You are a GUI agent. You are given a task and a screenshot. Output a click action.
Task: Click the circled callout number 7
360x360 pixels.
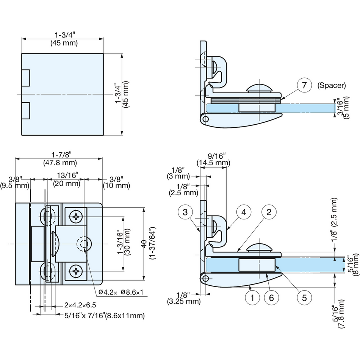click(304, 85)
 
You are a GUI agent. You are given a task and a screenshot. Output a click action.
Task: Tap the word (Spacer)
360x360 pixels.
click(332, 85)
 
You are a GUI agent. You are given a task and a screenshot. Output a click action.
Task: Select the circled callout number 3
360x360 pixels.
click(185, 212)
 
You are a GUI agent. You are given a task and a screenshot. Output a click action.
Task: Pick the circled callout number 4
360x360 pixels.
click(244, 212)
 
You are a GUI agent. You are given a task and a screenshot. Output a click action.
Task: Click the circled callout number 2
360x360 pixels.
click(269, 212)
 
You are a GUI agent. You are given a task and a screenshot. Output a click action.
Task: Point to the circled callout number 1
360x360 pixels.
click(252, 298)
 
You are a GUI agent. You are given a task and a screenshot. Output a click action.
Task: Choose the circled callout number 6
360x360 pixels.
click(271, 298)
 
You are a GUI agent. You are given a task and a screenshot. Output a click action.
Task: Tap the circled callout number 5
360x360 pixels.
click(304, 298)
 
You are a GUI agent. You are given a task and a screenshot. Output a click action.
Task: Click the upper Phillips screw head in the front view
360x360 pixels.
click(76, 216)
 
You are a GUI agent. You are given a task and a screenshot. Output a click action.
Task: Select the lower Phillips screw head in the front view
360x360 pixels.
click(76, 271)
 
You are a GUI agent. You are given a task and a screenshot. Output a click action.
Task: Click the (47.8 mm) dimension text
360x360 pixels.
click(60, 163)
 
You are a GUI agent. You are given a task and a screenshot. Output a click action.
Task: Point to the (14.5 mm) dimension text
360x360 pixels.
click(213, 163)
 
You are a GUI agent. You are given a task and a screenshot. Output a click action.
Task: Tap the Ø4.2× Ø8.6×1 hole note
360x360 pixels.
click(121, 292)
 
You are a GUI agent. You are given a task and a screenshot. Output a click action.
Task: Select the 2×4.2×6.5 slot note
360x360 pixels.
click(80, 305)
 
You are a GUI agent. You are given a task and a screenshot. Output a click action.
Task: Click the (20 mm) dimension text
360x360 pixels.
click(67, 184)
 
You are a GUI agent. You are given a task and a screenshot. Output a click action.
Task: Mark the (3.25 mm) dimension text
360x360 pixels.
click(184, 301)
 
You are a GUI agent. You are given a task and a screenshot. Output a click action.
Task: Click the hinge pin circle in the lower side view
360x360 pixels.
click(205, 279)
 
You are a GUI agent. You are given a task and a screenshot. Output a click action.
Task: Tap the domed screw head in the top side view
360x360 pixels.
click(260, 88)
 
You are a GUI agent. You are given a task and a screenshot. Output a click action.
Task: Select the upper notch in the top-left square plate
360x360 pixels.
click(26, 78)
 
